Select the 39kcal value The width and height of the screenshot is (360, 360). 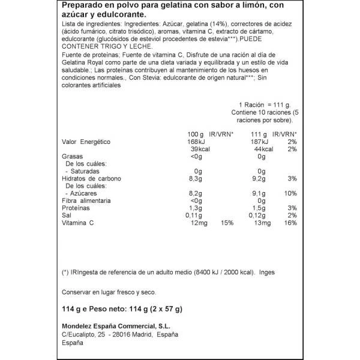[x=197, y=149]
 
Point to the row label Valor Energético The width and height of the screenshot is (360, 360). [x=88, y=142]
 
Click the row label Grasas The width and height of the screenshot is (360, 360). [x=73, y=157]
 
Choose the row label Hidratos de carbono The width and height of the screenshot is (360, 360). [x=92, y=178]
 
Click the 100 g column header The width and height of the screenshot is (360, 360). [x=196, y=134]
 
